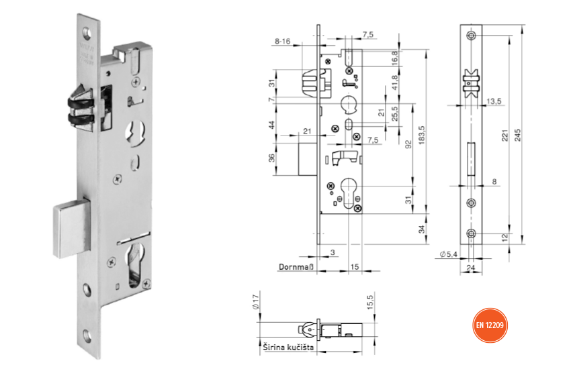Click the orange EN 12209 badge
(490, 325)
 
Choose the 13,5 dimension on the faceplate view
(494, 100)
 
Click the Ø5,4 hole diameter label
(449, 254)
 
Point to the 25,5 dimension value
(394, 114)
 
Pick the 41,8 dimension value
(394, 83)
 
